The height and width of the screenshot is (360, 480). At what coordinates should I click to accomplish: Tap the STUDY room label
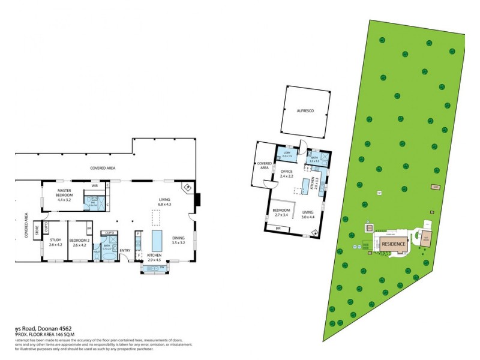pos(55,242)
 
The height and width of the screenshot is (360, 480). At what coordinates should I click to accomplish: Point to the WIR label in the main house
pos(94,185)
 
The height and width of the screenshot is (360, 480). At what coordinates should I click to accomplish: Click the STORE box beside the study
pos(37,228)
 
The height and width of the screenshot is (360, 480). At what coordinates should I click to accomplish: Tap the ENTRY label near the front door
pos(125,250)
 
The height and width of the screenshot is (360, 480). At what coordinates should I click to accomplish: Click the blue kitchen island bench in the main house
pos(158,241)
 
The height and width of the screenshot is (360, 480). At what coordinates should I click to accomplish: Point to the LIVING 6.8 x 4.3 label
pos(164,202)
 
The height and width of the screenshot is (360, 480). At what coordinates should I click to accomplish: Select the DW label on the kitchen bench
pos(161,268)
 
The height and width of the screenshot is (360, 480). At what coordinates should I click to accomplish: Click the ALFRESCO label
pos(306,111)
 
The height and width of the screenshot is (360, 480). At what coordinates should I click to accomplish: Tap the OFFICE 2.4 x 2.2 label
pos(286,174)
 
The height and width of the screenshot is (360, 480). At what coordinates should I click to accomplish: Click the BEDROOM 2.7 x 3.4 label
pos(281,212)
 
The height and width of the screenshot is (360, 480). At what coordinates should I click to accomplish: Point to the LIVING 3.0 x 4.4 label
pos(308,215)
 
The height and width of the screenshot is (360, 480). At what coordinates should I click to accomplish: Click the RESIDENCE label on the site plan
pos(394,244)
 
